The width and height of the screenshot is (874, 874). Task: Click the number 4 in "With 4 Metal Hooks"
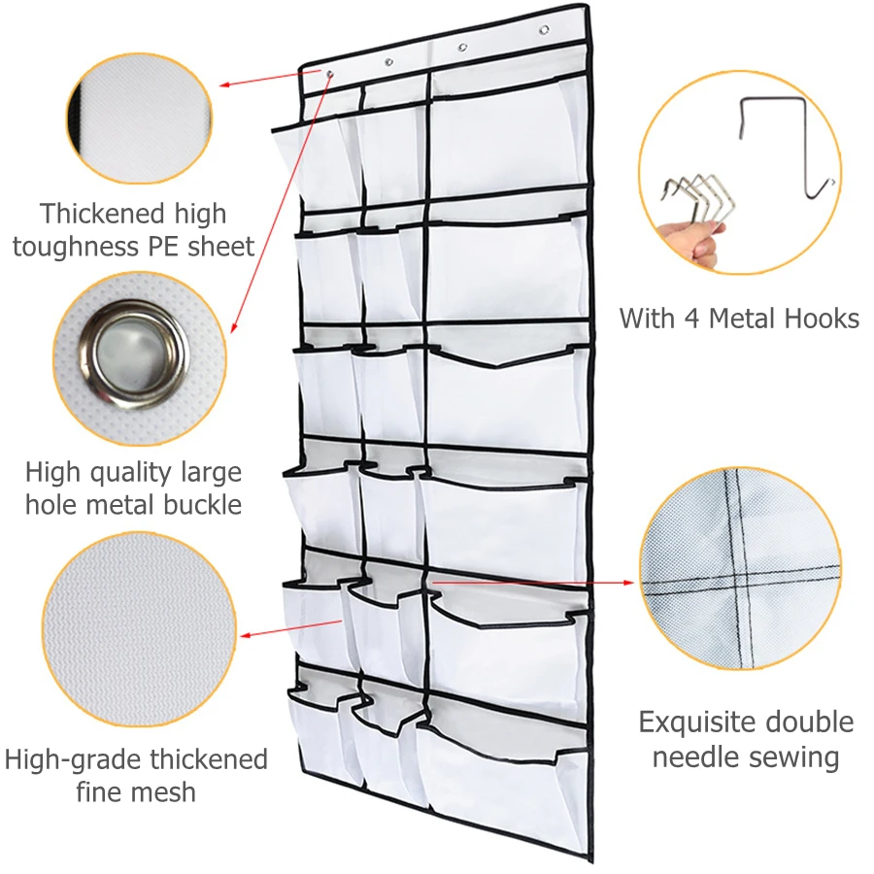pos(697,318)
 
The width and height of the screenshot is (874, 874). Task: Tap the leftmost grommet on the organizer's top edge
pos(330,74)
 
